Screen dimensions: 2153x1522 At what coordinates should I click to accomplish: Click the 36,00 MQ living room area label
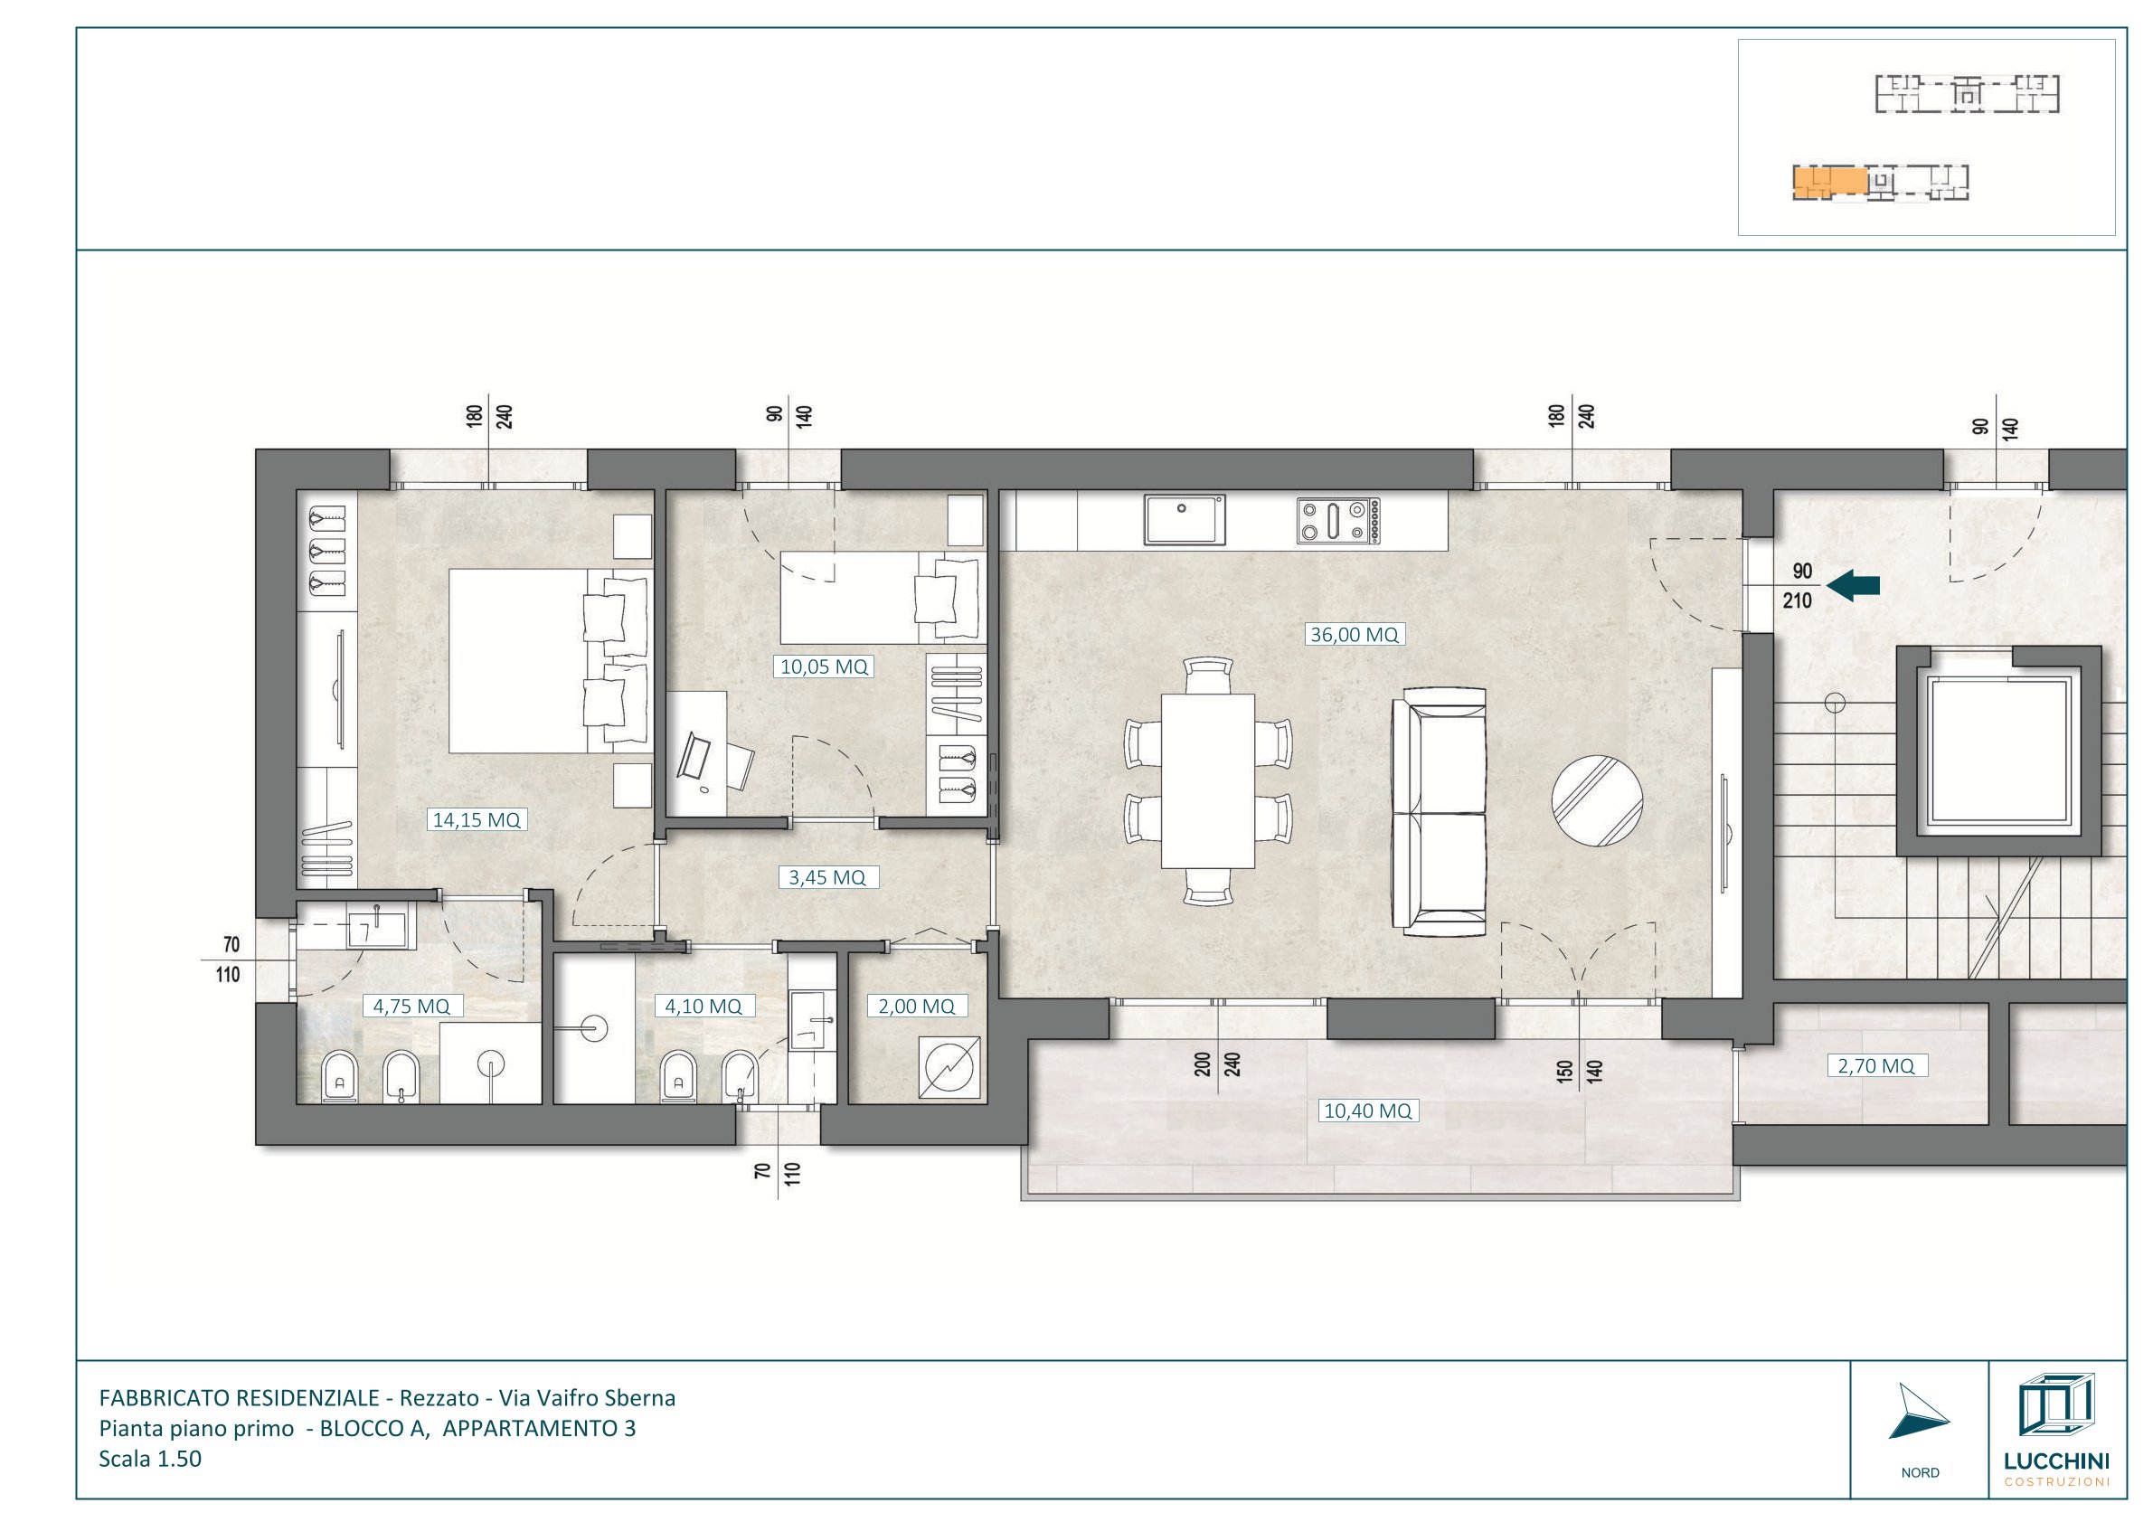[1354, 635]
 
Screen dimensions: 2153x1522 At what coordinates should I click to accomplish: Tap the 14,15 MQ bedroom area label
[477, 820]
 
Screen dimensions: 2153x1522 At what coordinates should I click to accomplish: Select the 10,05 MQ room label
[825, 666]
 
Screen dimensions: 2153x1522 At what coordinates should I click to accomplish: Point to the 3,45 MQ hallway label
[827, 878]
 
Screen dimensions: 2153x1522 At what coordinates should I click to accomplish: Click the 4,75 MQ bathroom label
[411, 1007]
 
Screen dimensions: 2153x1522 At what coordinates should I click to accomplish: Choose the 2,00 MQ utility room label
[916, 1007]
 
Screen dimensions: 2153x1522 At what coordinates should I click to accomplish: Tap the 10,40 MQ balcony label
[1367, 1111]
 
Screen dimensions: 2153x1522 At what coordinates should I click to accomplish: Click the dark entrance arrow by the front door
[1855, 586]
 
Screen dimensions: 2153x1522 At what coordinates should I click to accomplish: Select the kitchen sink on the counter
[1185, 519]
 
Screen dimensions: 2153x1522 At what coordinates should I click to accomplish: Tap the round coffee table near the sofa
[1597, 802]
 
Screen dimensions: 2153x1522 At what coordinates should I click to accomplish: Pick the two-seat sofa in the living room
[1440, 811]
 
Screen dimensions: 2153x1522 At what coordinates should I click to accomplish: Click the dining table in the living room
[1208, 781]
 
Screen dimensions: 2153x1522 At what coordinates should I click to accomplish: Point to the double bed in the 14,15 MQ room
[550, 660]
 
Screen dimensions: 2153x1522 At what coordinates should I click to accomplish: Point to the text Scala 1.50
[150, 1460]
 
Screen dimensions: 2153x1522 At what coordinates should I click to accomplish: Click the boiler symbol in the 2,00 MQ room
[953, 1066]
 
